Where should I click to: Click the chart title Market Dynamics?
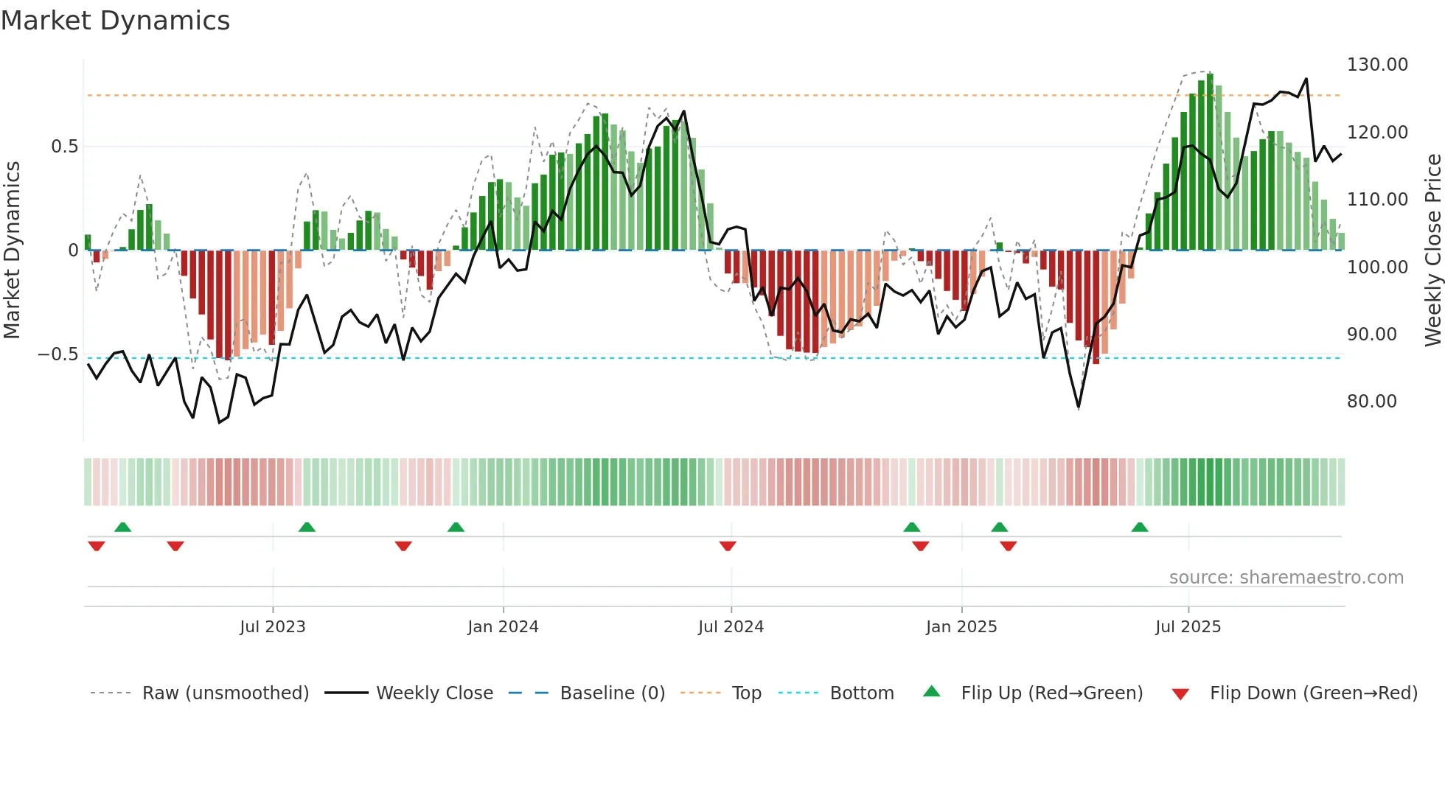click(115, 21)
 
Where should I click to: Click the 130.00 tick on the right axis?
click(1377, 65)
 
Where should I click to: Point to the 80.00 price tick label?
click(1371, 402)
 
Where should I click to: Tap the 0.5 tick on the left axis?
click(64, 147)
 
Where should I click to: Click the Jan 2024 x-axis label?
click(503, 627)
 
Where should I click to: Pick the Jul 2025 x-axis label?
click(1188, 627)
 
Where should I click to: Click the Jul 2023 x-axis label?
click(272, 627)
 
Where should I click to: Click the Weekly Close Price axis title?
click(1432, 251)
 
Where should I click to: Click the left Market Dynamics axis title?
click(12, 251)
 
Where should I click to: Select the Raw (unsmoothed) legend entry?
click(225, 693)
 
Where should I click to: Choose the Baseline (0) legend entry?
click(612, 693)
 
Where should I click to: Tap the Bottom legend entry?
click(861, 693)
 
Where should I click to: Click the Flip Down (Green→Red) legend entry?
click(1313, 693)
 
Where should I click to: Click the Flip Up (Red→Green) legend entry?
click(1051, 693)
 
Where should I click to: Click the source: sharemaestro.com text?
click(1286, 578)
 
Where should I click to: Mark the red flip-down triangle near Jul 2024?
click(728, 546)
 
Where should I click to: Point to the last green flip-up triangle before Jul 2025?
click(1140, 527)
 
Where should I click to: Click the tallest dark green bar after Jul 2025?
click(1210, 161)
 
